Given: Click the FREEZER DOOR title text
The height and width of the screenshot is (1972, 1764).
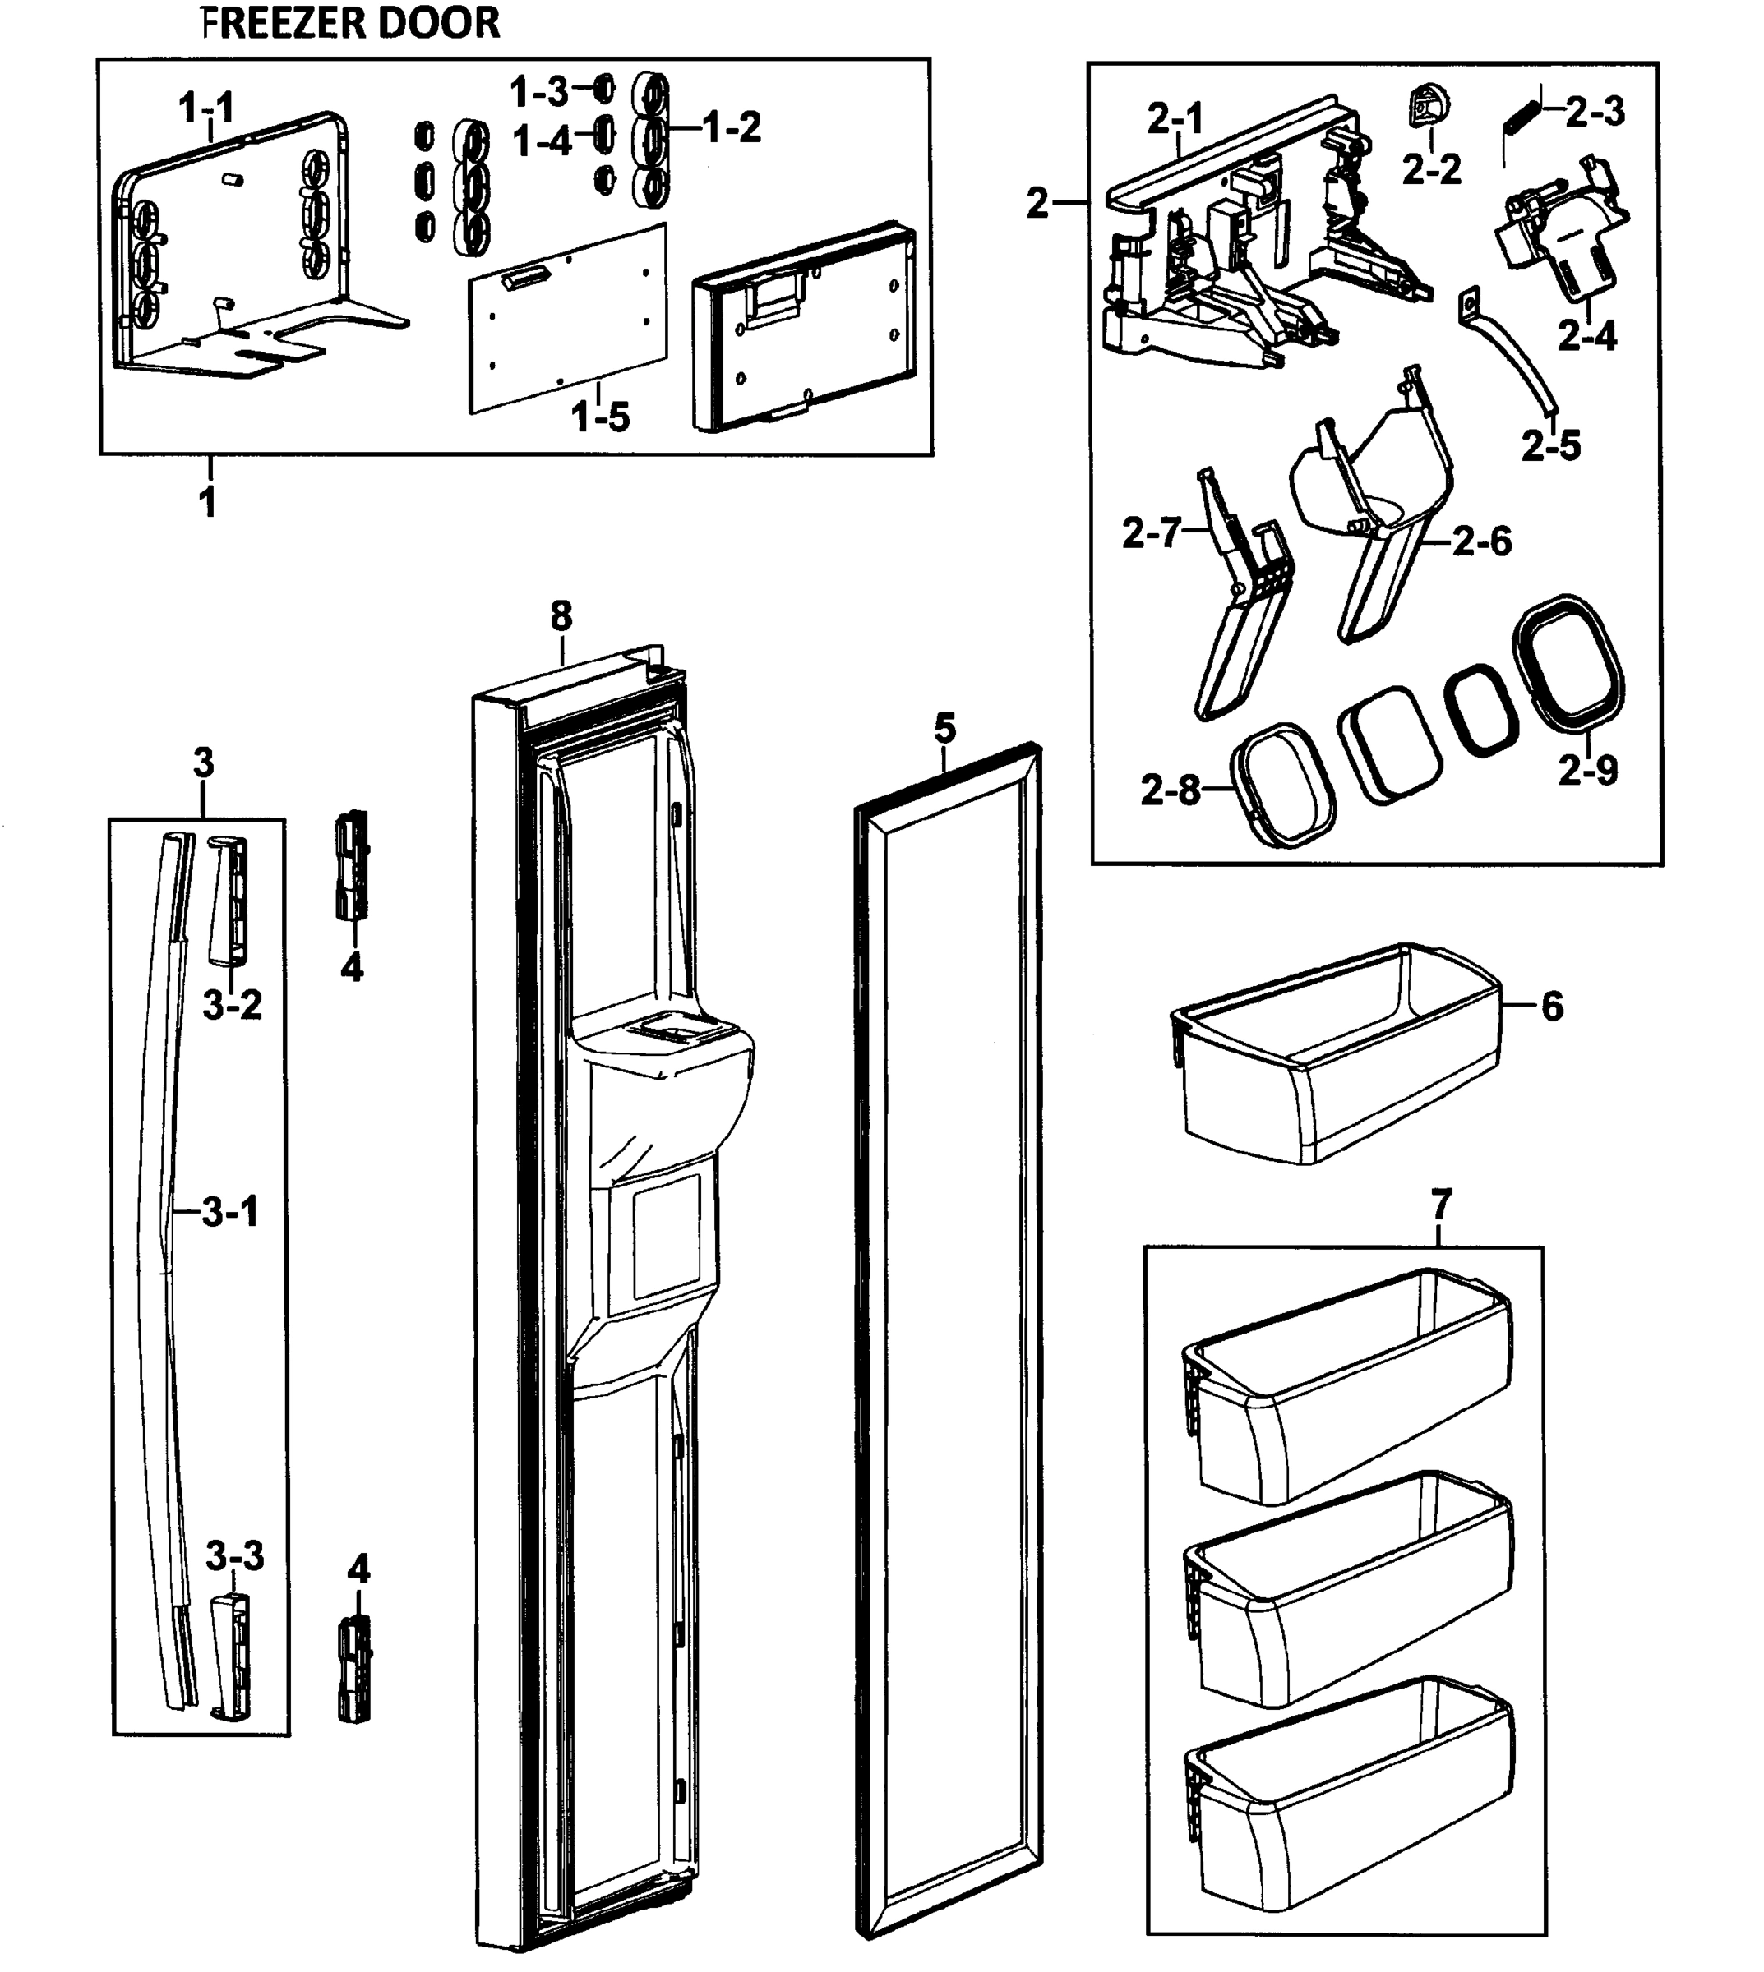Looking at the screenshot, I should point(351,22).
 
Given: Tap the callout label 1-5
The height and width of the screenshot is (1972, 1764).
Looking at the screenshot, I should point(601,418).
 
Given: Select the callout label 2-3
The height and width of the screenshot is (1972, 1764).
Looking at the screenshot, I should point(1595,113).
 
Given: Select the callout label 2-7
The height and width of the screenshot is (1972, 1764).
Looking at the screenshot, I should point(1152,533).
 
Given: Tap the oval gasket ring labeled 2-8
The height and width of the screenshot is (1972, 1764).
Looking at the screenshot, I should point(1282,785).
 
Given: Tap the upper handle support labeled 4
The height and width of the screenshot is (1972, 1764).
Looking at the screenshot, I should point(352,865).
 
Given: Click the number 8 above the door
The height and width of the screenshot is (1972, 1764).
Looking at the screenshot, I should point(561,616).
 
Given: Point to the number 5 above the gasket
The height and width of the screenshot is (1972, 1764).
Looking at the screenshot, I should point(945,728).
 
